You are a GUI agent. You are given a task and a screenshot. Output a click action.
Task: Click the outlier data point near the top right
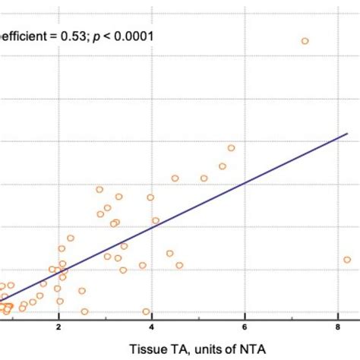click(x=305, y=41)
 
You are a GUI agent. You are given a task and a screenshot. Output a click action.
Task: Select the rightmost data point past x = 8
click(x=347, y=260)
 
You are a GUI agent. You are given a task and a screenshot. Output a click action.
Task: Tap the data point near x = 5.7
click(x=232, y=148)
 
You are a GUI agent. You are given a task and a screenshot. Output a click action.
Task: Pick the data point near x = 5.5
click(x=223, y=166)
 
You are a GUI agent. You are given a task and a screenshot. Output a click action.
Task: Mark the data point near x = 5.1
click(x=204, y=178)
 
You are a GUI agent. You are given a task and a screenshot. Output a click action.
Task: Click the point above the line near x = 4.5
click(x=175, y=178)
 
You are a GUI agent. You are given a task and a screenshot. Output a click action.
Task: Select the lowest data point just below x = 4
click(x=146, y=311)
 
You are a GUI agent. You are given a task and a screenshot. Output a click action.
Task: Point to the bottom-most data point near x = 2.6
click(x=84, y=311)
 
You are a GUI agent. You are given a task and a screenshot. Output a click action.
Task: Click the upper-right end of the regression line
click(x=346, y=134)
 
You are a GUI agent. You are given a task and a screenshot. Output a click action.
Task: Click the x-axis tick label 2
click(x=58, y=327)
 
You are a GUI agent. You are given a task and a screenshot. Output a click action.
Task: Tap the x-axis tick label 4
click(x=152, y=327)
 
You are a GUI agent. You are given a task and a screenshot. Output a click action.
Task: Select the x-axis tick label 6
click(x=245, y=327)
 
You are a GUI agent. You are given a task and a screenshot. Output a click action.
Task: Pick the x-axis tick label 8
click(x=337, y=327)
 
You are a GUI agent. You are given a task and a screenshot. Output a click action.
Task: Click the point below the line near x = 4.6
click(x=179, y=266)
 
